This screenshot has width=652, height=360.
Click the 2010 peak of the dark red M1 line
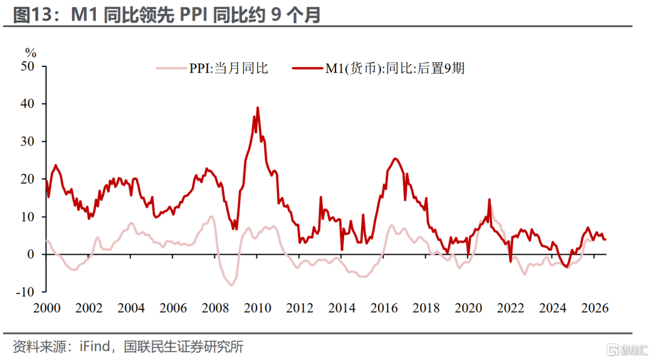click(257, 108)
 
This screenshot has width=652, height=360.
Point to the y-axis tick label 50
click(27, 66)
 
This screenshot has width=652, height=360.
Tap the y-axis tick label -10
click(25, 292)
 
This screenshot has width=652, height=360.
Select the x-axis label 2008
click(215, 308)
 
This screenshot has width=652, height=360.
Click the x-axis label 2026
click(595, 308)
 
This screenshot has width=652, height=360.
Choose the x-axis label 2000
click(46, 308)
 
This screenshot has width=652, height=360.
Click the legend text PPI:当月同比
click(228, 68)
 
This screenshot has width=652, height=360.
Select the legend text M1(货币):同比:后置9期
click(395, 68)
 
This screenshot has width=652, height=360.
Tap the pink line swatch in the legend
click(171, 68)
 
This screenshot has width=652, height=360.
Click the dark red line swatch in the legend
click(307, 68)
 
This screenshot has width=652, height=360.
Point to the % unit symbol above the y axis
click(31, 53)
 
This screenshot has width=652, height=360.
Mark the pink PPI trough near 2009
click(231, 285)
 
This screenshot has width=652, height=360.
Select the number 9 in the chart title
click(275, 15)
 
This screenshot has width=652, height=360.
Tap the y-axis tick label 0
click(31, 254)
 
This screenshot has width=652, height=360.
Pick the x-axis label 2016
click(384, 308)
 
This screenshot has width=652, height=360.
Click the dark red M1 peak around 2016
click(395, 159)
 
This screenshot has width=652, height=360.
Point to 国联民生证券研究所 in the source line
click(184, 346)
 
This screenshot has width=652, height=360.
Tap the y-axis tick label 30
click(27, 141)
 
